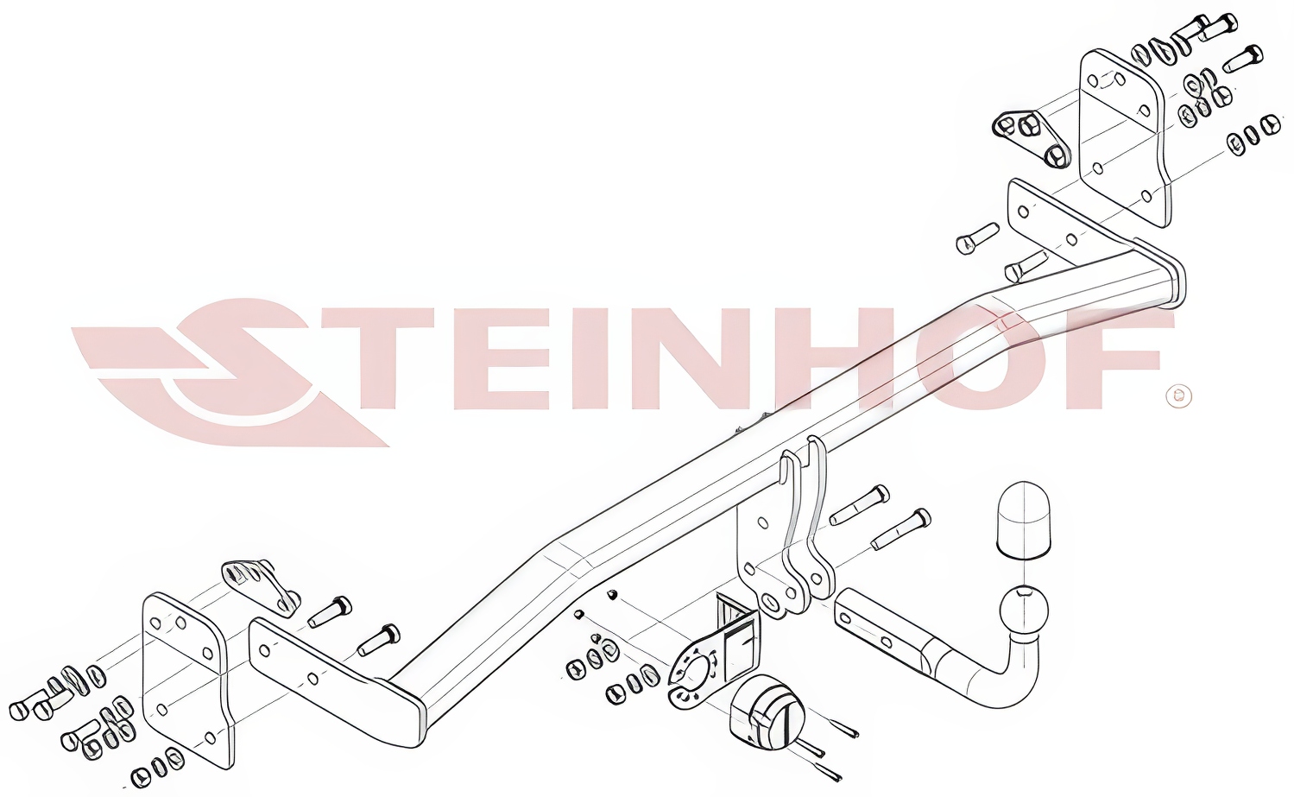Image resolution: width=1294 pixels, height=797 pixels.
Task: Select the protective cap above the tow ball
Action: click(x=1023, y=520)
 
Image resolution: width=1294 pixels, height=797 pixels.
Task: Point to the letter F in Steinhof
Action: click(x=1110, y=357)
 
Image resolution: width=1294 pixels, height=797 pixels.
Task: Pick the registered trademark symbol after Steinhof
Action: click(x=1179, y=395)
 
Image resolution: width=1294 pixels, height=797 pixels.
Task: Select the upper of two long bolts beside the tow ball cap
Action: click(x=859, y=505)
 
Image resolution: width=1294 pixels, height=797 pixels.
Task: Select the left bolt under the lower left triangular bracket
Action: click(x=329, y=611)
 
